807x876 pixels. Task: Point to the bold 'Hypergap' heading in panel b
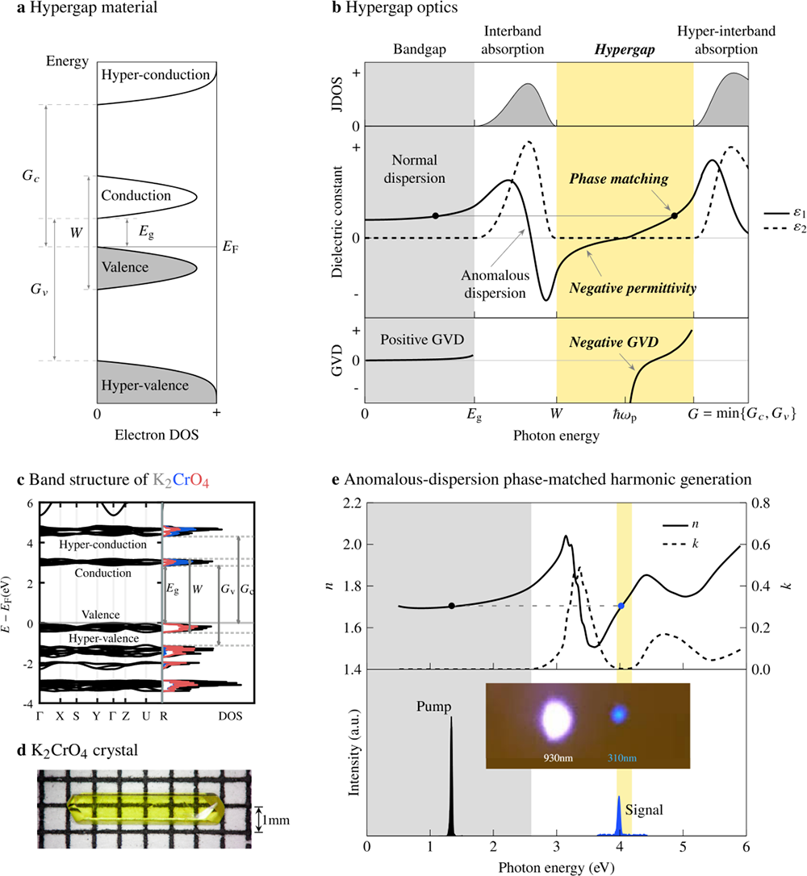point(624,48)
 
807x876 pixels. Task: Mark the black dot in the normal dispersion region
point(436,215)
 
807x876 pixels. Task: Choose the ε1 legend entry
point(778,211)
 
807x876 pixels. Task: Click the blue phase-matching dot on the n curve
point(621,606)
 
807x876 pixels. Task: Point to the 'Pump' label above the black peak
point(434,707)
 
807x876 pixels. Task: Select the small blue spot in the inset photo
point(619,714)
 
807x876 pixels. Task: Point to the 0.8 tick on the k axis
point(763,503)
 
